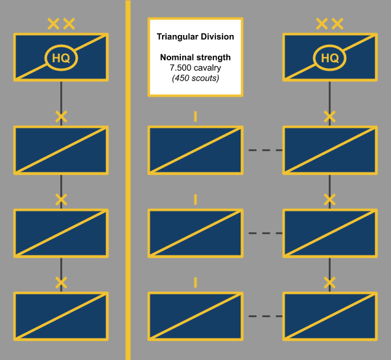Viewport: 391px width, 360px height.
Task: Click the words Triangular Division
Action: coord(195,37)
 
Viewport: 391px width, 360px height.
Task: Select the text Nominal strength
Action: coord(195,58)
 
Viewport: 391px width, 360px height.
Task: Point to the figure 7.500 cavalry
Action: coord(195,68)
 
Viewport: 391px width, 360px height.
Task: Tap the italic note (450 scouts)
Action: coord(195,78)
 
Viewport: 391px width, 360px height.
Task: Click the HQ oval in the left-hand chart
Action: coord(61,58)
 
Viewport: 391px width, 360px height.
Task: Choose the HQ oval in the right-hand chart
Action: coord(330,58)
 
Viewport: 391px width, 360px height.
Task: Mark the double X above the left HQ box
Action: coord(61,25)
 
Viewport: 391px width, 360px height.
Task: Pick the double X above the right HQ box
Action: coord(330,25)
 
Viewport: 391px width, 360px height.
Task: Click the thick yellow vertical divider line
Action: coord(128,195)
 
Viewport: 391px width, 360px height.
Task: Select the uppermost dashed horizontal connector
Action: coord(265,150)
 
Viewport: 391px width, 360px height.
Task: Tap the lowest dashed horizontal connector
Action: coord(265,317)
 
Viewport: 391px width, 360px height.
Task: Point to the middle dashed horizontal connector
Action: coord(265,234)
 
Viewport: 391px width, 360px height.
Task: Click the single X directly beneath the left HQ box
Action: coord(61,117)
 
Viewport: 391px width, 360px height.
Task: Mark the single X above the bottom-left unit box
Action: coord(61,283)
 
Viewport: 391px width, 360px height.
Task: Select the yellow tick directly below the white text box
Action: coord(195,117)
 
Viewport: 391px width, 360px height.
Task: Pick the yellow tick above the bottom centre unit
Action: coord(195,283)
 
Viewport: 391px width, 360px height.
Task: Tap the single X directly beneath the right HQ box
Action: coord(330,117)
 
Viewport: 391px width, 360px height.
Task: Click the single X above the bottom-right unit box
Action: coord(330,283)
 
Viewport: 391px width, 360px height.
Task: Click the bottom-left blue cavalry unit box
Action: coord(61,317)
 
